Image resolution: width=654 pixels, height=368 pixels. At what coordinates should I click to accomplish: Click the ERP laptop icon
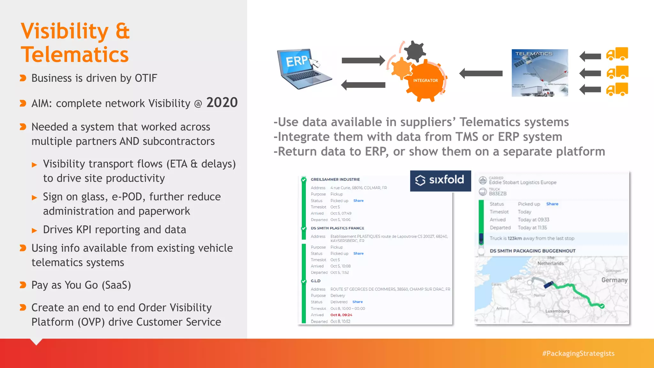point(303,69)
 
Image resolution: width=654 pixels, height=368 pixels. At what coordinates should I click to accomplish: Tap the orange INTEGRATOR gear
point(425,80)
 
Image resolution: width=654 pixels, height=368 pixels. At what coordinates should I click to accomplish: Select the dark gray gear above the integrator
point(414,51)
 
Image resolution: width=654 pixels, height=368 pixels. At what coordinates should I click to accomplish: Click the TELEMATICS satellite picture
point(540,73)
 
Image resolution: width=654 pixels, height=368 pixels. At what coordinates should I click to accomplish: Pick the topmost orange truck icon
point(617,54)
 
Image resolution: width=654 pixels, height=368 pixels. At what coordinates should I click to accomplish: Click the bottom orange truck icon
point(617,89)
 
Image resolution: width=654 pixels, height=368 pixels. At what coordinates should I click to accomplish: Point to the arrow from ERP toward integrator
point(363,60)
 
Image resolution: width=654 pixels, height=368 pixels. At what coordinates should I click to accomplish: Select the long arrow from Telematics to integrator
point(481,73)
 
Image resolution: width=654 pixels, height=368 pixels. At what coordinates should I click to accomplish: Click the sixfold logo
point(440,180)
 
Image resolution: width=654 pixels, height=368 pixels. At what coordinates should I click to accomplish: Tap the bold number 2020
point(222,103)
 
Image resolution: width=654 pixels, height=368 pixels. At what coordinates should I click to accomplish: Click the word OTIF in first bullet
point(146,78)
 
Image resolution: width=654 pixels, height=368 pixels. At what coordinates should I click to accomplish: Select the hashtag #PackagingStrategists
point(578,353)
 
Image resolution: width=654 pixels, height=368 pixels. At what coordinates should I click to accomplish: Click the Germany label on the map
point(614,280)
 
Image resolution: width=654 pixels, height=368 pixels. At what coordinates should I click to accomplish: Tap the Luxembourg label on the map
point(557,311)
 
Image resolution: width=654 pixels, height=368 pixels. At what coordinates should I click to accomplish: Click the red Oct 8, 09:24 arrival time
point(341,315)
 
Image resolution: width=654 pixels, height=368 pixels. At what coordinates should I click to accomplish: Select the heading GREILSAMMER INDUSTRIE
point(335,180)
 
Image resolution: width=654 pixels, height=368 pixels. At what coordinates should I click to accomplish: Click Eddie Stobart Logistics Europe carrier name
point(522,182)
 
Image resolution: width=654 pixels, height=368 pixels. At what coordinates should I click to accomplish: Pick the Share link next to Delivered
point(357,302)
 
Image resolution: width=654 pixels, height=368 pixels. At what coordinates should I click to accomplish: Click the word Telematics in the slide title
point(75,55)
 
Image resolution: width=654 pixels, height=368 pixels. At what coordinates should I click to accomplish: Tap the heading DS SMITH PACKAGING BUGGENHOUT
point(532,251)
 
